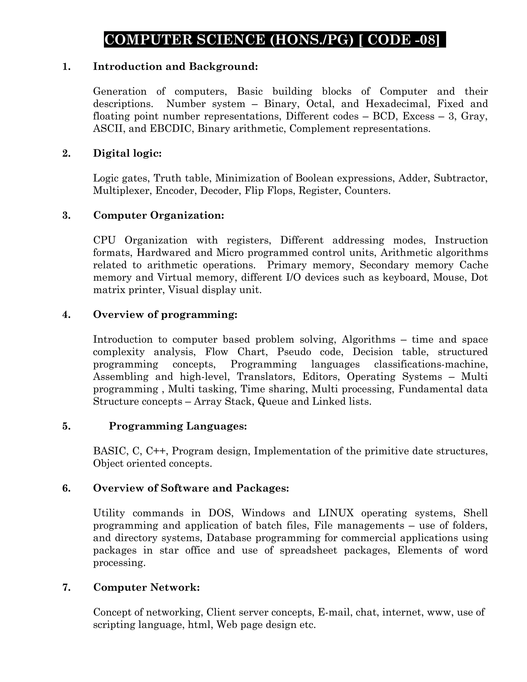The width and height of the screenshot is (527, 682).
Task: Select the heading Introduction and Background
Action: (x=175, y=66)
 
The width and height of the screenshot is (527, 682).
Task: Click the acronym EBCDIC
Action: (x=170, y=129)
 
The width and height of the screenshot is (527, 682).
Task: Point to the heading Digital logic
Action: (x=127, y=153)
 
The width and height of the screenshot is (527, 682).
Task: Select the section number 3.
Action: (x=66, y=215)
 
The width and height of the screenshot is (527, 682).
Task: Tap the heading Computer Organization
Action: (x=159, y=215)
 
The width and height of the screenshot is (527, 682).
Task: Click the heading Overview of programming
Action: (x=165, y=314)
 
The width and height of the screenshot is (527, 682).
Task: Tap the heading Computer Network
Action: (x=146, y=587)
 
